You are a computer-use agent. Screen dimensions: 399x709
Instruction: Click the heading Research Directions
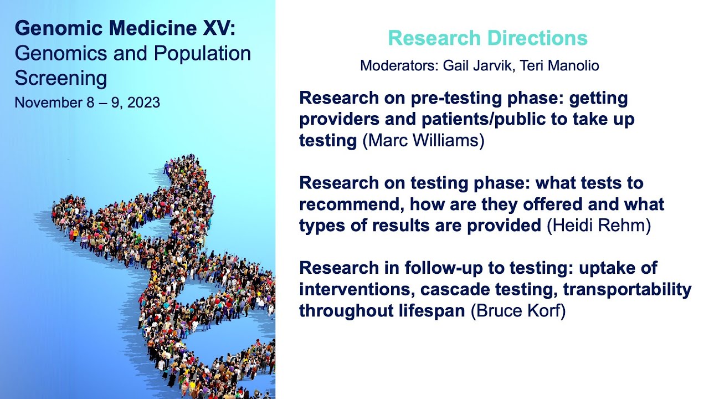[x=487, y=38]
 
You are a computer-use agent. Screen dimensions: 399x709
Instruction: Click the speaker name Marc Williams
[x=423, y=141]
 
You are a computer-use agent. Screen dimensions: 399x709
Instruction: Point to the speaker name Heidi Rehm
[x=598, y=226]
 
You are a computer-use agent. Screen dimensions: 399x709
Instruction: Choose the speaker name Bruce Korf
[x=518, y=311]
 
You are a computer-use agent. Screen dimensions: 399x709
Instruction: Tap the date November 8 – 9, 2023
[x=87, y=103]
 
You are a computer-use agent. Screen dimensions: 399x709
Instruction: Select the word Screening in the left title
[x=61, y=78]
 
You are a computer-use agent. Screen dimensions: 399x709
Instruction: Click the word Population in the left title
[x=202, y=53]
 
